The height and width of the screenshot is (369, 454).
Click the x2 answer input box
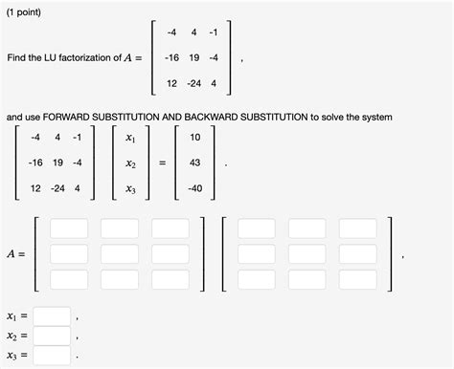(53, 336)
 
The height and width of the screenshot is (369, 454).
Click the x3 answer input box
(53, 357)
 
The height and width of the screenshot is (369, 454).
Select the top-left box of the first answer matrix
(69, 228)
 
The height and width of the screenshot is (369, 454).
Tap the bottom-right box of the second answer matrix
(357, 279)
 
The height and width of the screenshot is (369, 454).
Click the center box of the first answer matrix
(120, 254)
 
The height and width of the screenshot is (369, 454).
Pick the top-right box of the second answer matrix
(357, 228)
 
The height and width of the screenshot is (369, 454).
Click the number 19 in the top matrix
(193, 57)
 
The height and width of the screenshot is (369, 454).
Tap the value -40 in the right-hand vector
(194, 187)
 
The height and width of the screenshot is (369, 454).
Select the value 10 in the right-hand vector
(194, 138)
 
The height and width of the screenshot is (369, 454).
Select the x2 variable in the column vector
(130, 163)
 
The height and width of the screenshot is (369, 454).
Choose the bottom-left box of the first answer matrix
(69, 279)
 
